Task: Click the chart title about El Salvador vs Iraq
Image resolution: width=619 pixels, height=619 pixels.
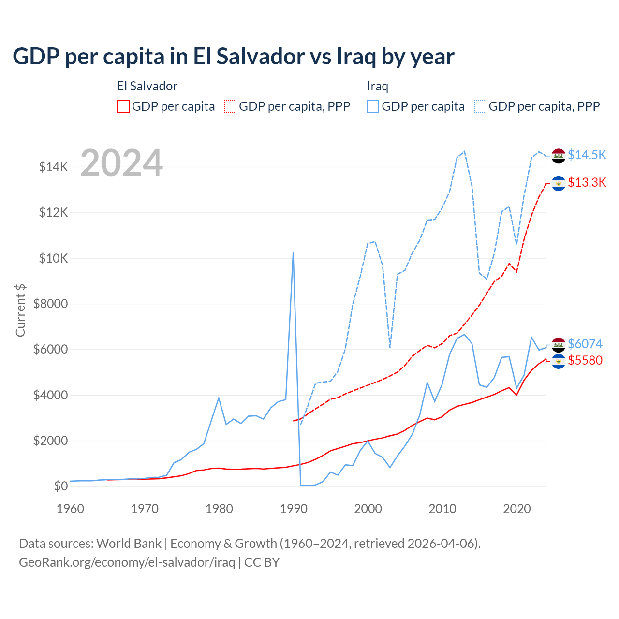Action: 233,56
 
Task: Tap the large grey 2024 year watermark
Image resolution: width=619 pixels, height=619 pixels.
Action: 121,163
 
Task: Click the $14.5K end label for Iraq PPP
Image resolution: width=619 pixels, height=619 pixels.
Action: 587,155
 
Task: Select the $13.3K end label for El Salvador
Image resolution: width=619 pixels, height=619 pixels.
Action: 587,182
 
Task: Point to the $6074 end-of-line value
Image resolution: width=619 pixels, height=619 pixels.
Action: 585,344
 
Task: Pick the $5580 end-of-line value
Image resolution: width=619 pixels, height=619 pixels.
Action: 585,360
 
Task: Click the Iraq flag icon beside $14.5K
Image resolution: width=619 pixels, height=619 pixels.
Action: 559,156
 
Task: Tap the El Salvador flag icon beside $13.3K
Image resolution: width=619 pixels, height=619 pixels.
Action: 559,183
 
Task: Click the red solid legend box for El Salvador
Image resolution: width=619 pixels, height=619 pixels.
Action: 123,106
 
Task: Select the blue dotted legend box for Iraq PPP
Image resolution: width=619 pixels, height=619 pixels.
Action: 480,106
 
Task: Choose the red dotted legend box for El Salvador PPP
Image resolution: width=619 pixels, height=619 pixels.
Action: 230,106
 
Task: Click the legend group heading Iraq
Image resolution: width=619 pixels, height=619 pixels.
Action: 377,86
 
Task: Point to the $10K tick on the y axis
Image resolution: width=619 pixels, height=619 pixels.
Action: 53,258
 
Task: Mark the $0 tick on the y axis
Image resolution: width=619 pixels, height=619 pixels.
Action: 60,486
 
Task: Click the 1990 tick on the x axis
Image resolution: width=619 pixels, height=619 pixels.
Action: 294,509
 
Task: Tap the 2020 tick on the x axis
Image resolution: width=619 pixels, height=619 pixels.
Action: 517,509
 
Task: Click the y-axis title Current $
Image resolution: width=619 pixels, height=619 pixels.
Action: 20,310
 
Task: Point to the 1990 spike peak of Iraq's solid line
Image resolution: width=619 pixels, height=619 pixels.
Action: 293,252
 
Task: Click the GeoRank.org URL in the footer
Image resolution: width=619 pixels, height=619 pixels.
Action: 127,562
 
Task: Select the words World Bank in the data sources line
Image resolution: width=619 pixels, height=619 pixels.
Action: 129,544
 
